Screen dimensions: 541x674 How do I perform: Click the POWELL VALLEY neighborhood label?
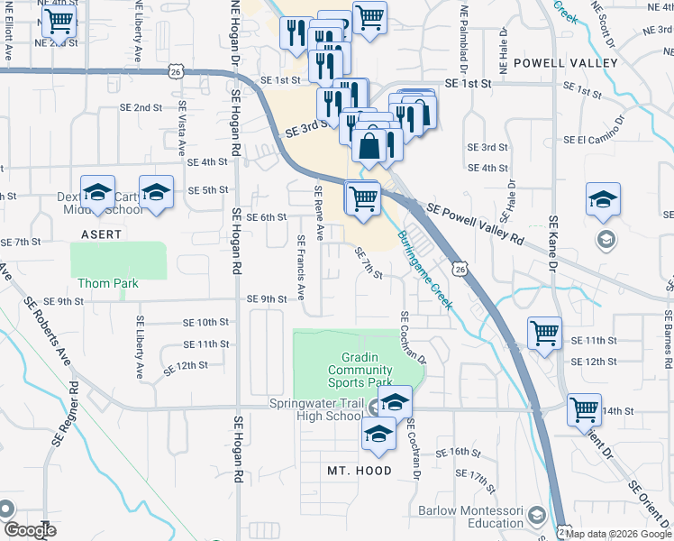pyautogui.click(x=565, y=63)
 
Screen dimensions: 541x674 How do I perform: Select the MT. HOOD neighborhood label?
pyautogui.click(x=360, y=471)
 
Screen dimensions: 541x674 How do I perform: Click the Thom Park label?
pyautogui.click(x=107, y=282)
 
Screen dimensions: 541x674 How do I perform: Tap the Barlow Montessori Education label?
pyautogui.click(x=471, y=517)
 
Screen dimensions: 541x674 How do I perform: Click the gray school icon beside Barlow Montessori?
pyautogui.click(x=538, y=516)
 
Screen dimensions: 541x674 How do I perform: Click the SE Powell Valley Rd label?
pyautogui.click(x=474, y=225)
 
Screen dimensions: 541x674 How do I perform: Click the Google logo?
pyautogui.click(x=30, y=531)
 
